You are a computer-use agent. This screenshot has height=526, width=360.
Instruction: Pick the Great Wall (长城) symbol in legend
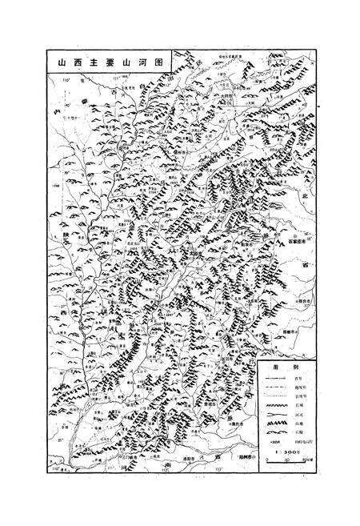[x=276, y=408]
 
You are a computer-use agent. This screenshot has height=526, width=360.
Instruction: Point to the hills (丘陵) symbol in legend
[x=276, y=434]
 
